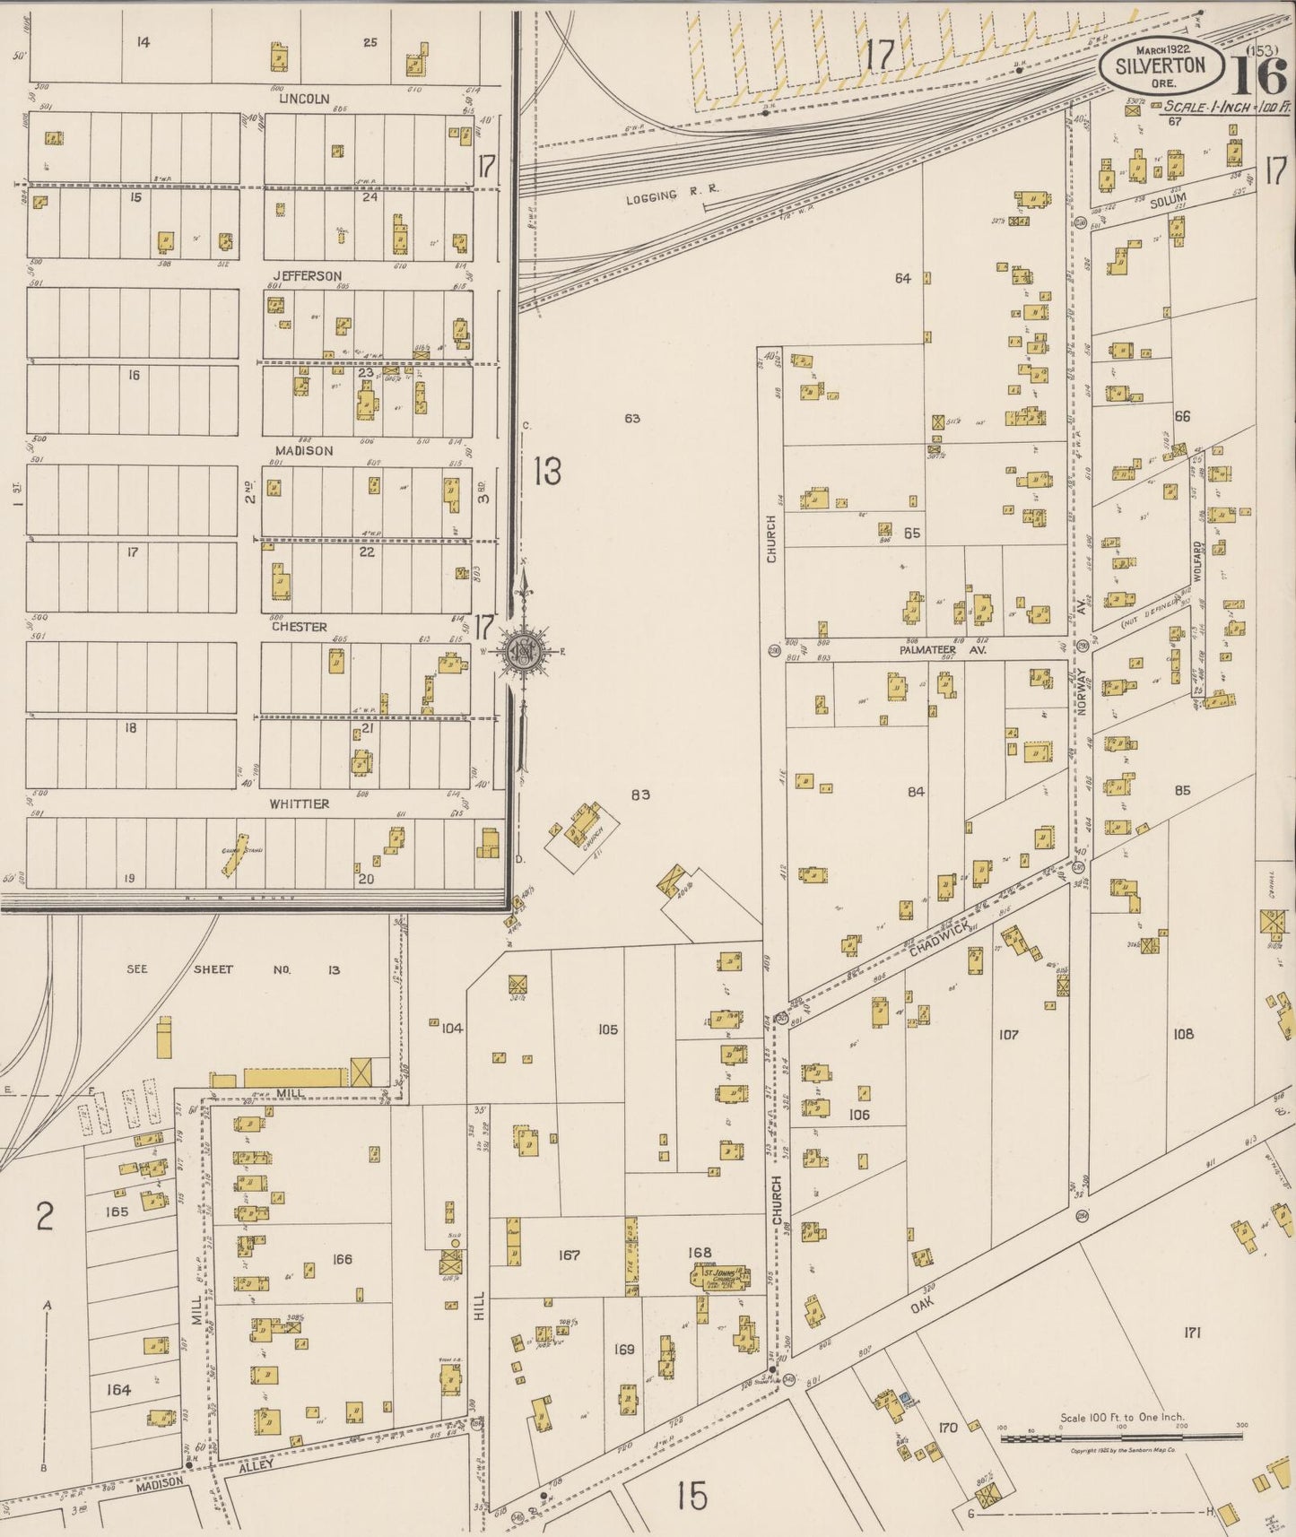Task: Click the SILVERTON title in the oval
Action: click(1161, 65)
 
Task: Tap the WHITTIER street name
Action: click(300, 804)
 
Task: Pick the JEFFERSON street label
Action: click(307, 275)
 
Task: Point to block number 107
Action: click(1008, 1035)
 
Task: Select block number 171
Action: click(1191, 1333)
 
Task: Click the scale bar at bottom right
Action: click(1121, 1437)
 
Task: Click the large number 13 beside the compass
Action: click(547, 471)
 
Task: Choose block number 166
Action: click(342, 1259)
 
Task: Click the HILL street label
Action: click(479, 1313)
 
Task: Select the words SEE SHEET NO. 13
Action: click(232, 969)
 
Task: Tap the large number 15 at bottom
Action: click(692, 1497)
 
